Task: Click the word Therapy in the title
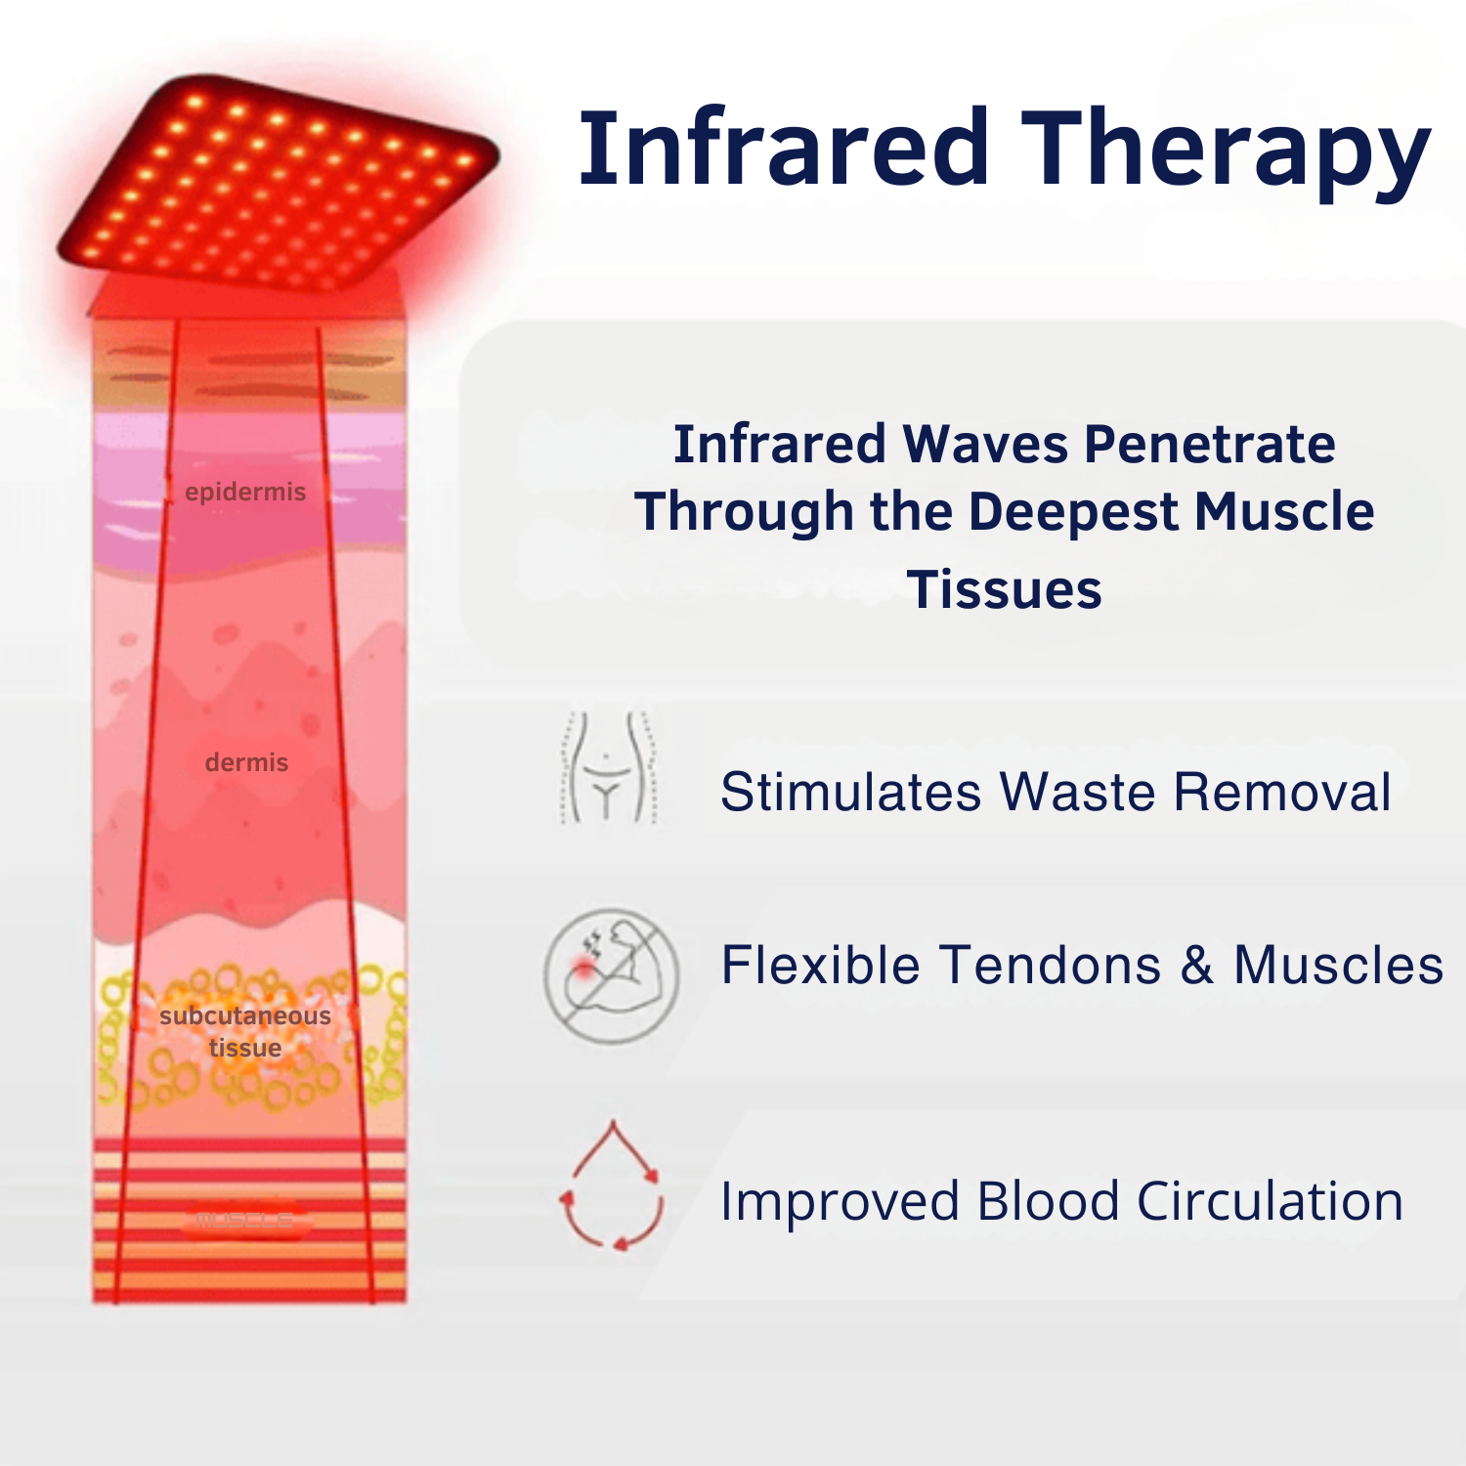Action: [x=1226, y=151]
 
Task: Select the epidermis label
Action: [x=245, y=492]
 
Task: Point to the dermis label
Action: [x=246, y=762]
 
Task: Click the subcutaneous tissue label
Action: [x=245, y=1031]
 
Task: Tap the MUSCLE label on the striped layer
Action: [x=244, y=1219]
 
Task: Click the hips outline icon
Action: [x=607, y=768]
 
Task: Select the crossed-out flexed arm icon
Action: [x=612, y=974]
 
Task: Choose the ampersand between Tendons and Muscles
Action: [x=1196, y=966]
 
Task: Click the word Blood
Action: [x=1048, y=1201]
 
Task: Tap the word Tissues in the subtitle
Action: [x=1005, y=589]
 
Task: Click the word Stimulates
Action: [x=851, y=792]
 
